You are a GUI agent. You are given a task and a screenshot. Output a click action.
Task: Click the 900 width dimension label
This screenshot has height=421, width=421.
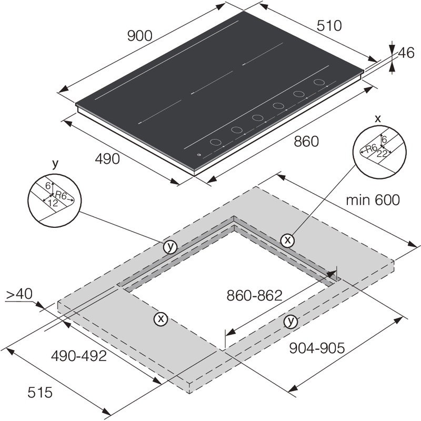click(139, 36)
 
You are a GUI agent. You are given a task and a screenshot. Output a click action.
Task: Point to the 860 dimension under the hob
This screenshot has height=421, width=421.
click(306, 141)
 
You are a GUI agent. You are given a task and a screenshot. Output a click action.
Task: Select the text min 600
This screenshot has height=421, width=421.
click(373, 200)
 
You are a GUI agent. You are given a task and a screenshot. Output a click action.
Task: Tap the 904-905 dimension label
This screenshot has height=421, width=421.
click(316, 348)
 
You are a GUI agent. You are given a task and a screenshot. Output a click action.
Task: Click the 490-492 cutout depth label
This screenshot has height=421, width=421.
click(79, 356)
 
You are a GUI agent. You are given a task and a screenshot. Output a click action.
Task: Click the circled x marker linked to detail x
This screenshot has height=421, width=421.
click(287, 240)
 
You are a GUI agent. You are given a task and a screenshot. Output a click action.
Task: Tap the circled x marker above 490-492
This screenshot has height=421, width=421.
click(161, 318)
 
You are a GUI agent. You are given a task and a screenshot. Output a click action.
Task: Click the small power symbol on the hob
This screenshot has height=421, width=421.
click(198, 154)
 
